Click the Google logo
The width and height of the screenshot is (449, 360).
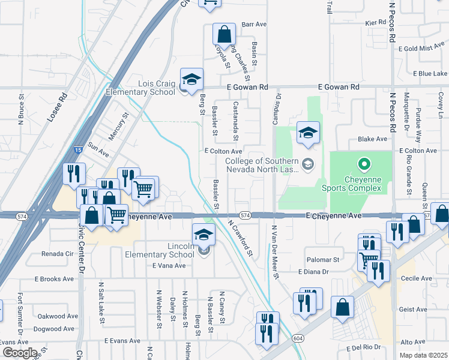point(20,353)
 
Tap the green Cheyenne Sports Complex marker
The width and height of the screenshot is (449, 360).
point(363,163)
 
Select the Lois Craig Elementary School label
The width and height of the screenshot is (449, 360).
point(140,88)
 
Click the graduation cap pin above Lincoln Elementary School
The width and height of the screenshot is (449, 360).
point(203,234)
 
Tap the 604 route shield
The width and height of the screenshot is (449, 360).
point(298,338)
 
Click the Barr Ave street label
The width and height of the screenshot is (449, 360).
point(253,25)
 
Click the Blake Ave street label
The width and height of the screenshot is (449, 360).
point(372,139)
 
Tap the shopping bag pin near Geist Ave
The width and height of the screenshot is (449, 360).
point(342,307)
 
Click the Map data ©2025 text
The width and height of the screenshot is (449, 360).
point(423,355)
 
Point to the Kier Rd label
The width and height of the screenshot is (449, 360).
point(376,22)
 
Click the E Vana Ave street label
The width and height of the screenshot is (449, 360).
point(169,265)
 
